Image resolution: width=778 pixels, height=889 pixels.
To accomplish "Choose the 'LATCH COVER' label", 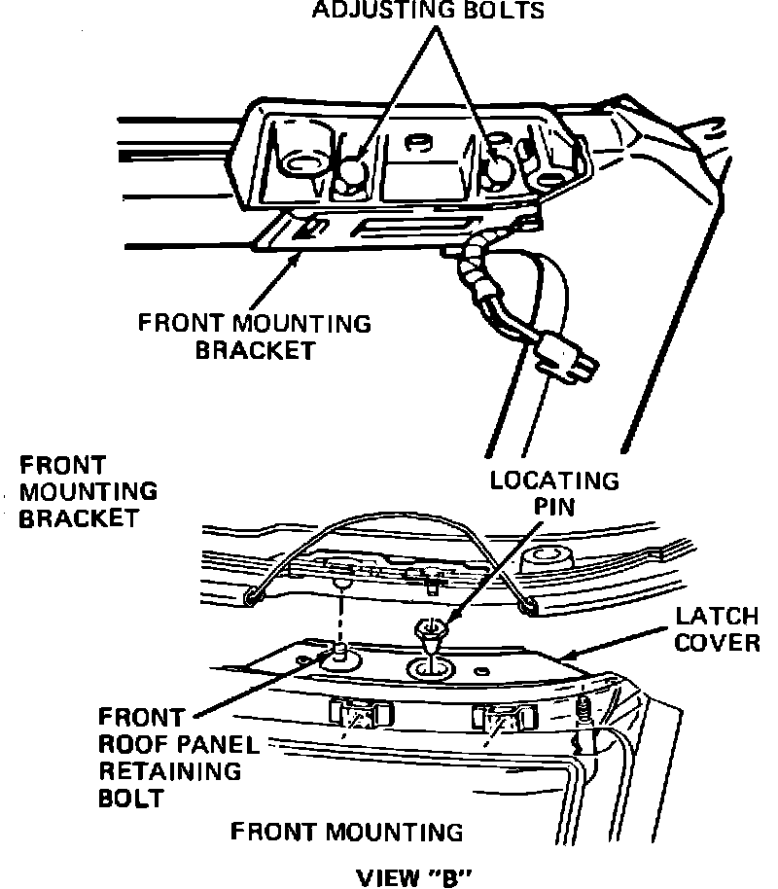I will (x=718, y=629).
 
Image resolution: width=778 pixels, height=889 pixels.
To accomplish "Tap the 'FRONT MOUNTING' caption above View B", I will (x=346, y=832).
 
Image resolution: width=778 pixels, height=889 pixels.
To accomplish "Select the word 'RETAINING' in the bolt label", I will (x=169, y=772).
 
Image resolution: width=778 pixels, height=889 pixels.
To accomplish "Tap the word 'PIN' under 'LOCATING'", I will (x=554, y=507).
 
